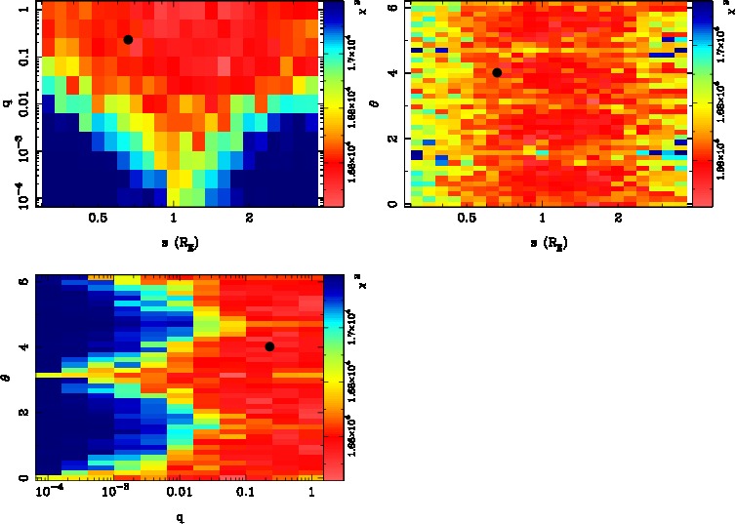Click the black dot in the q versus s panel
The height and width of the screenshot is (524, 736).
[128, 39]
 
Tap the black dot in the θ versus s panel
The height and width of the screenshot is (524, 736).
[497, 72]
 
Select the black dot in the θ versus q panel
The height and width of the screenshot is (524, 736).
[269, 346]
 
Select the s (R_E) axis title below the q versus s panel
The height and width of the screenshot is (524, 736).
[174, 240]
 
